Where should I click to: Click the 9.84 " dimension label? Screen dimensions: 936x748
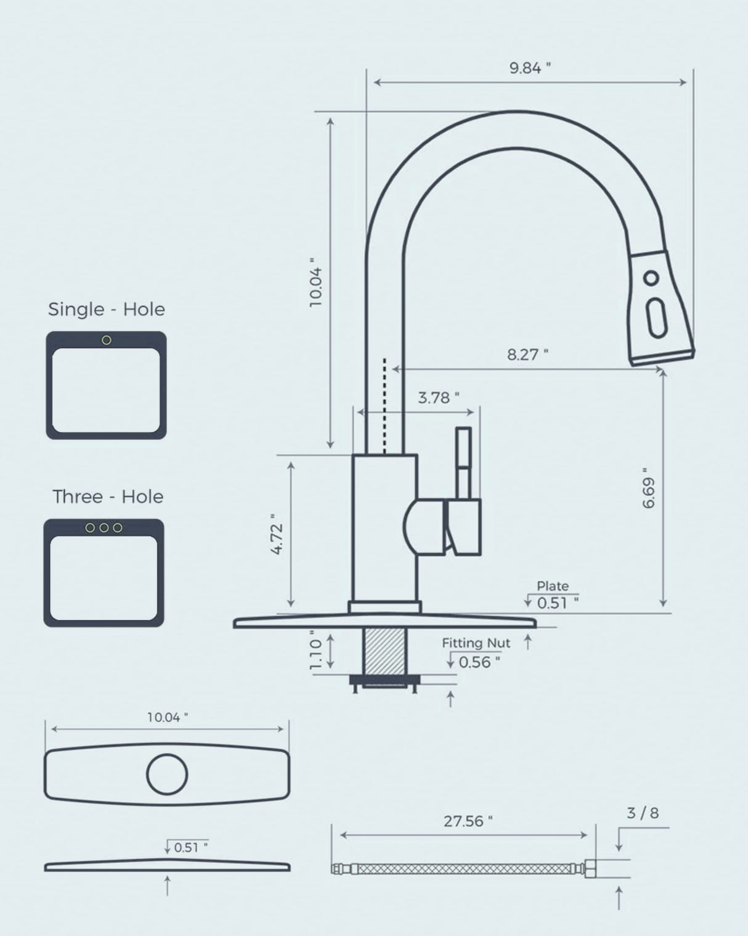(x=529, y=68)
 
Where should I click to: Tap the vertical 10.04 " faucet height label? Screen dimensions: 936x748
(x=315, y=282)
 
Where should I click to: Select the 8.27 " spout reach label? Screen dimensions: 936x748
(x=527, y=355)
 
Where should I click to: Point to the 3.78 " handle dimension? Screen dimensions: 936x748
(x=438, y=398)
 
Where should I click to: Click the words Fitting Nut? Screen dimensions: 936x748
(x=476, y=643)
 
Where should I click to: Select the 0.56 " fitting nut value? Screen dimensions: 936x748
(x=479, y=662)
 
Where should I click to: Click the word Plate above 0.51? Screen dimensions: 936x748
(x=552, y=586)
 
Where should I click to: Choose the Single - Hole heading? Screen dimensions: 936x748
(x=107, y=309)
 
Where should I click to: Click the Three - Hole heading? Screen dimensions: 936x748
(x=108, y=496)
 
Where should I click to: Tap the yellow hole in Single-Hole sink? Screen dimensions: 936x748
(x=107, y=340)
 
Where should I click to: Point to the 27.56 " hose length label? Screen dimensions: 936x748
(x=468, y=821)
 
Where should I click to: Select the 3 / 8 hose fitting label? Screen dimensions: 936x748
(x=642, y=813)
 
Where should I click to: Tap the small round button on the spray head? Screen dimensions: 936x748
(x=651, y=277)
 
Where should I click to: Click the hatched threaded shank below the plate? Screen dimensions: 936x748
(x=386, y=651)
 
